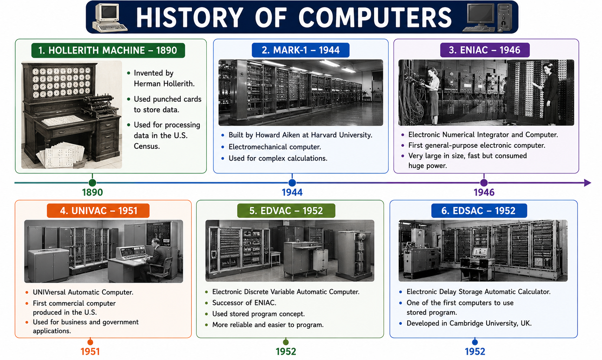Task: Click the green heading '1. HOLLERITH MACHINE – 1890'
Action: pyautogui.click(x=108, y=50)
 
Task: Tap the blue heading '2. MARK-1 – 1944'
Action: pyautogui.click(x=301, y=50)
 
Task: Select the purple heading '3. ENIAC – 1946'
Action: pyautogui.click(x=485, y=50)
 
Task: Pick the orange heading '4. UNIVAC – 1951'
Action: pyautogui.click(x=98, y=211)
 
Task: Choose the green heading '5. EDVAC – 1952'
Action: pyautogui.click(x=286, y=211)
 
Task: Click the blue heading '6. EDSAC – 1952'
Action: pyautogui.click(x=479, y=211)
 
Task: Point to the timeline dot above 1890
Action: pyautogui.click(x=92, y=183)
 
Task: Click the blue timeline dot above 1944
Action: pyautogui.click(x=292, y=183)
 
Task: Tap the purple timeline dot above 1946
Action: pyautogui.click(x=484, y=183)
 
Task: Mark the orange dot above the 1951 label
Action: pyautogui.click(x=90, y=342)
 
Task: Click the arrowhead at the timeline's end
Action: pyautogui.click(x=588, y=183)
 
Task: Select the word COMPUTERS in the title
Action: pyautogui.click(x=375, y=18)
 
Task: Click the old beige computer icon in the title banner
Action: pyautogui.click(x=109, y=18)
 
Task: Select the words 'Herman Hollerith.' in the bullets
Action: pyautogui.click(x=164, y=84)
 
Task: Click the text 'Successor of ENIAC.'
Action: pyautogui.click(x=244, y=303)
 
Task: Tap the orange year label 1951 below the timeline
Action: pyautogui.click(x=90, y=351)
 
